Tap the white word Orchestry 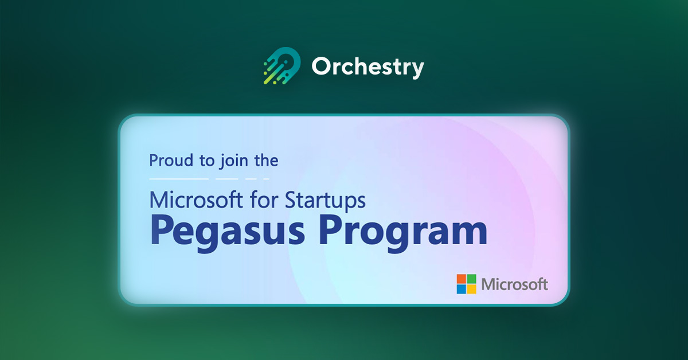pos(368,68)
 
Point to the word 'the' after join pos(266,161)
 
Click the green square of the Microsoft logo pos(471,279)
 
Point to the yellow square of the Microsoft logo pos(471,289)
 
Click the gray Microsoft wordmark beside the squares pos(515,284)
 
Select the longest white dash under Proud pos(178,179)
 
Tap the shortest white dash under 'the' pos(266,179)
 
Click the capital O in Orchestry pos(322,68)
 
